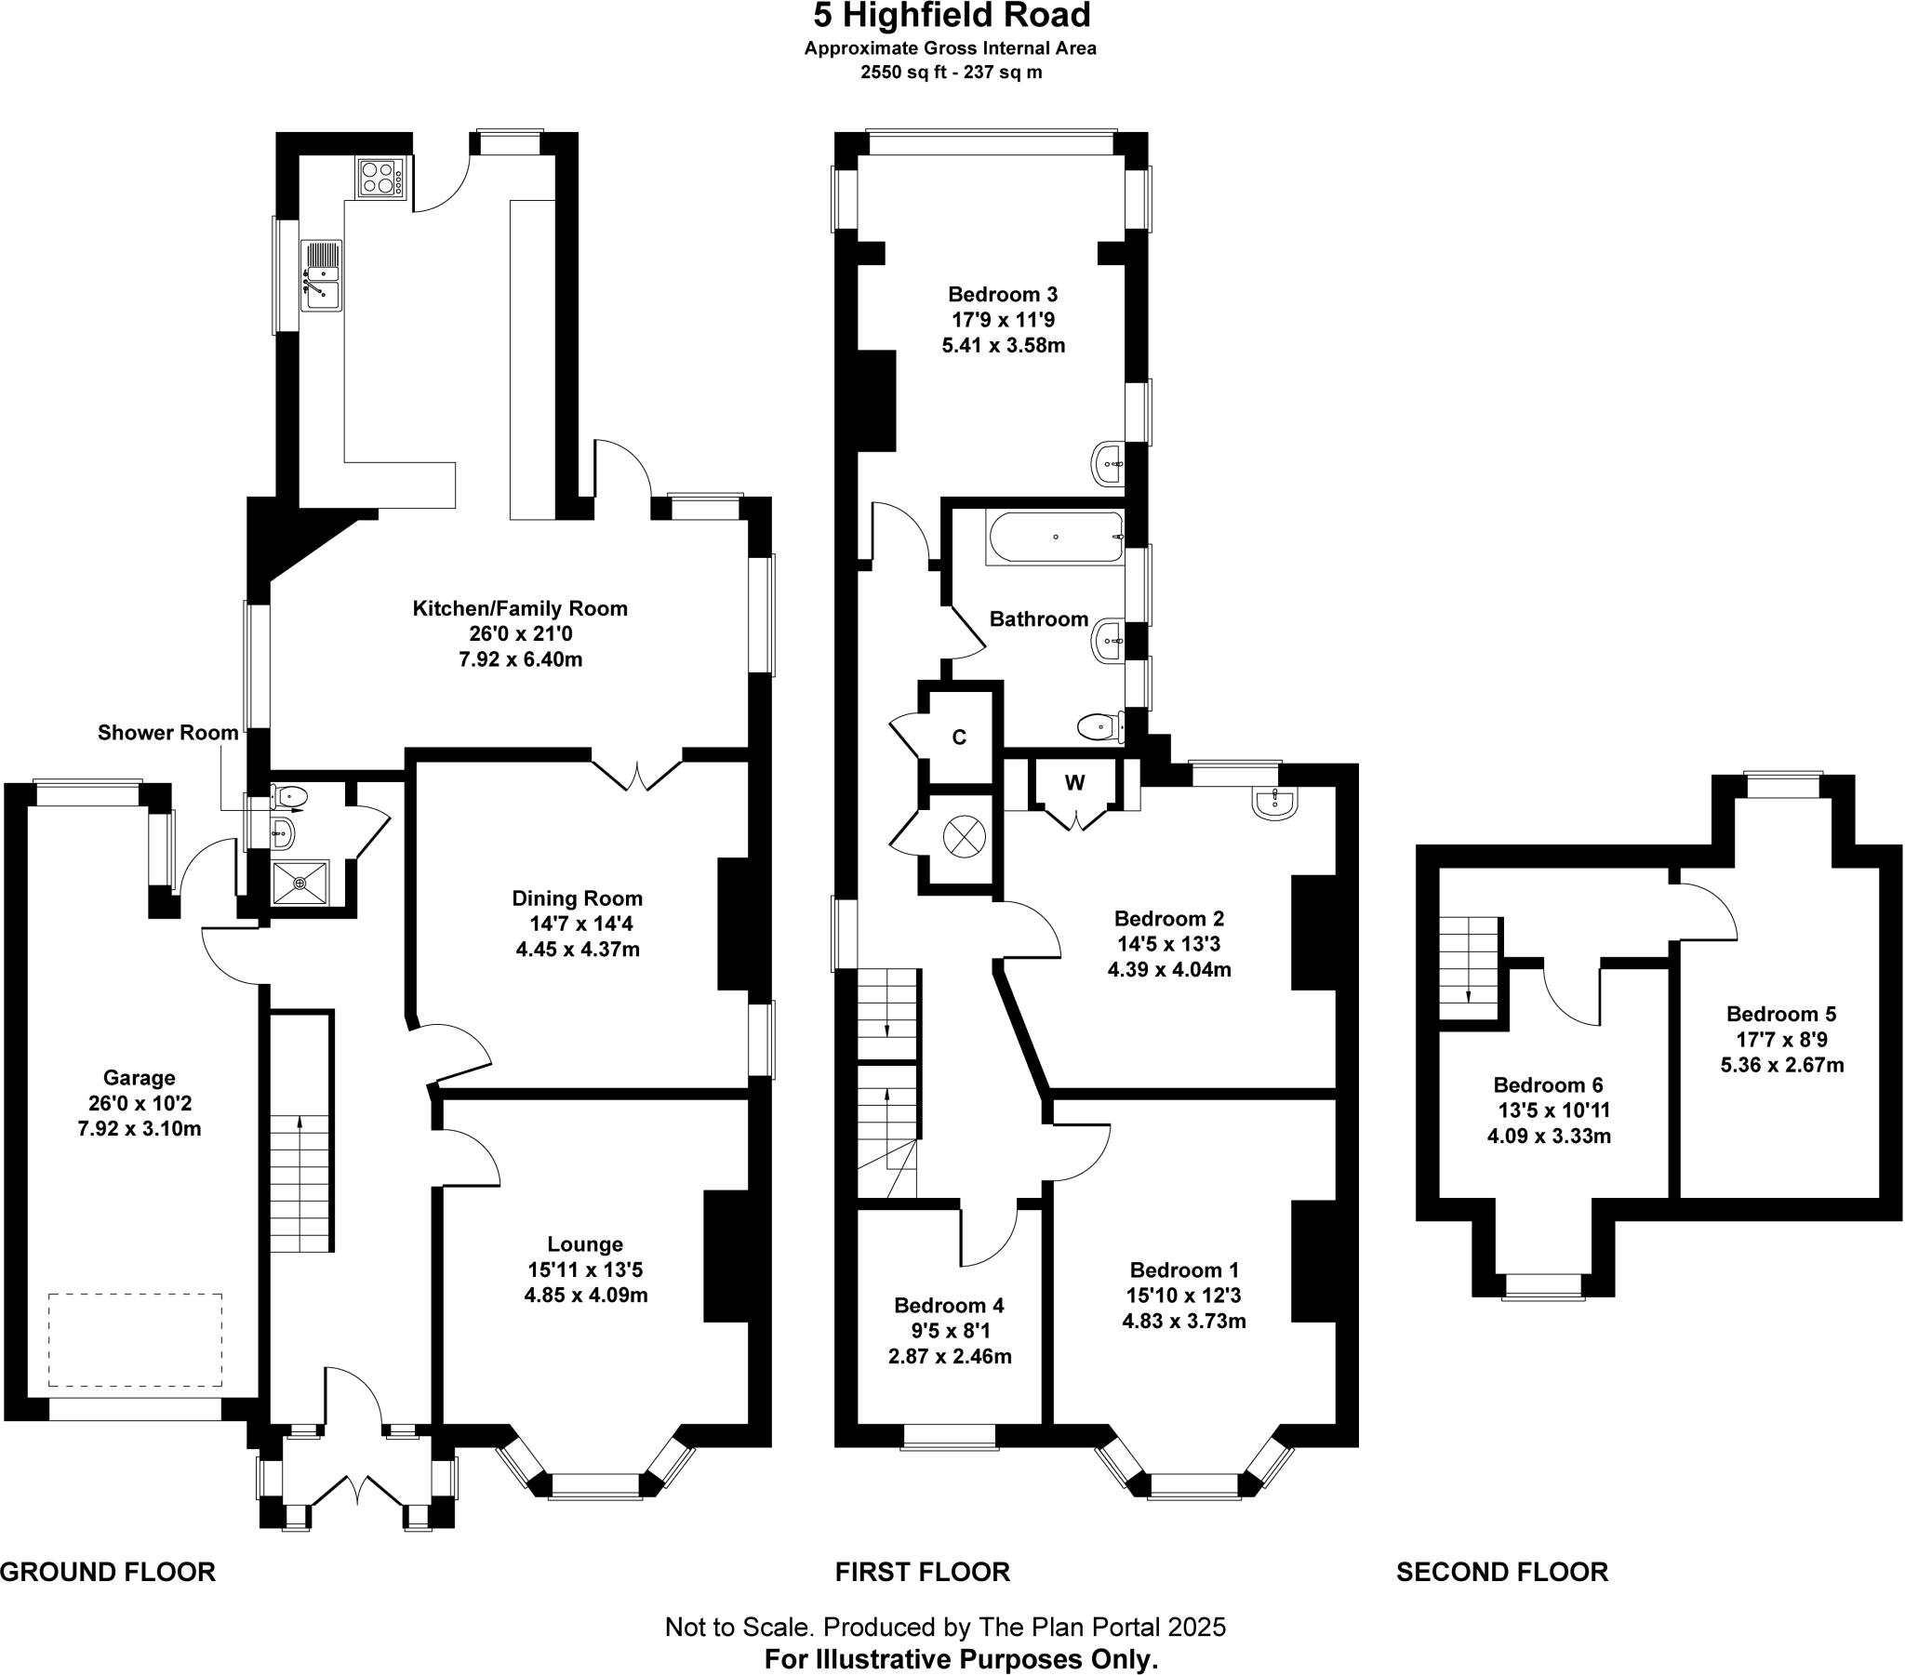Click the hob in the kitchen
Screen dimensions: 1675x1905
click(x=380, y=177)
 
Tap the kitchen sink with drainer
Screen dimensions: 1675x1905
click(x=321, y=275)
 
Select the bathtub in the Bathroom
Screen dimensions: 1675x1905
click(x=1055, y=537)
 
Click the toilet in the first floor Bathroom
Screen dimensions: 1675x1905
click(x=1099, y=725)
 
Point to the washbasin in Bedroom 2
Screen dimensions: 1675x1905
click(x=1275, y=803)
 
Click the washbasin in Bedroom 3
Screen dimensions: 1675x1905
click(x=1107, y=463)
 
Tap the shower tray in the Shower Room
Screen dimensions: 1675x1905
click(x=300, y=882)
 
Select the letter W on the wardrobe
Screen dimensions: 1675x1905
click(x=1074, y=783)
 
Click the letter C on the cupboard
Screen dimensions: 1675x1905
click(x=959, y=738)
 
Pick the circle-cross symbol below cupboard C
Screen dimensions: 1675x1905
click(x=964, y=836)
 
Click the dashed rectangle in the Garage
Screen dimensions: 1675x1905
click(x=135, y=1339)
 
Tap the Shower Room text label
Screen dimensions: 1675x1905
click(x=167, y=733)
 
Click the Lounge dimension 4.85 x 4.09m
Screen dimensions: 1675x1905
click(x=585, y=1295)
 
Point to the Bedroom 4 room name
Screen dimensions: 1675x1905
click(x=949, y=1305)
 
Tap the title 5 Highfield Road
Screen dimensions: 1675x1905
click(x=952, y=16)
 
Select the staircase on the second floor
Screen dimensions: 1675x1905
click(x=1469, y=968)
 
